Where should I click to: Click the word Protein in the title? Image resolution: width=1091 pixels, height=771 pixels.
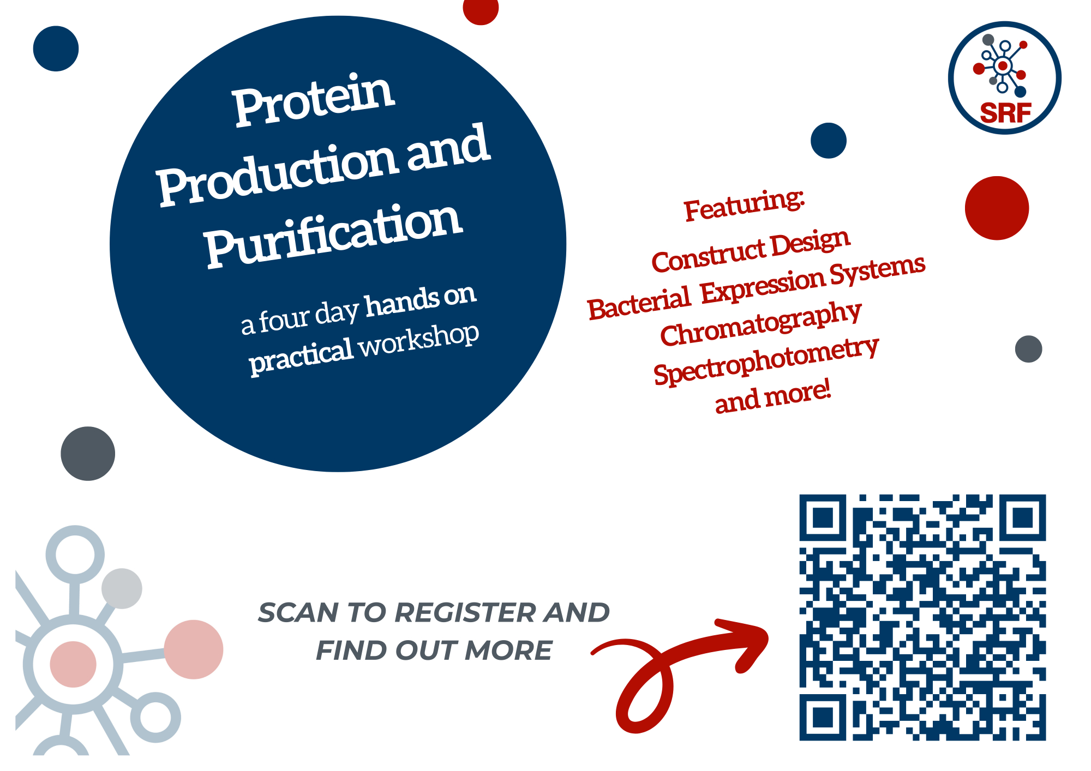click(314, 100)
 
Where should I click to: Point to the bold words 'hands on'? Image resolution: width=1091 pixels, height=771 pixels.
click(421, 300)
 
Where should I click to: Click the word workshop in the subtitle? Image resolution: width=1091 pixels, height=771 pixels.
click(419, 341)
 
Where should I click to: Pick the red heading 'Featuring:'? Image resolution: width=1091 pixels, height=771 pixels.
click(745, 205)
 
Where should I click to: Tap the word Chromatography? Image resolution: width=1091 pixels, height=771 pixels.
click(761, 324)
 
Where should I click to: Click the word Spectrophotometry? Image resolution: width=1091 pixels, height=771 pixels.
click(766, 360)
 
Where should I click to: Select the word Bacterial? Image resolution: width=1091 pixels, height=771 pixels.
click(639, 303)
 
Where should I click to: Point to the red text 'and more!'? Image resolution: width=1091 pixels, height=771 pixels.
click(773, 396)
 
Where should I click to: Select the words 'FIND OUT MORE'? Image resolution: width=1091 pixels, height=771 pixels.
click(434, 650)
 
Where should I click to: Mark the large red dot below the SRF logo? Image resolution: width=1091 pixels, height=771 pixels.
click(997, 208)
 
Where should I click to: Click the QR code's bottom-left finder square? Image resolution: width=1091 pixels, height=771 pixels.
click(823, 717)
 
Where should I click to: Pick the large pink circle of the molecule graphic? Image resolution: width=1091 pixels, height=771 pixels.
click(194, 649)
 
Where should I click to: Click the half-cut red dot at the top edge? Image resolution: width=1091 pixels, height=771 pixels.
click(481, 11)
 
